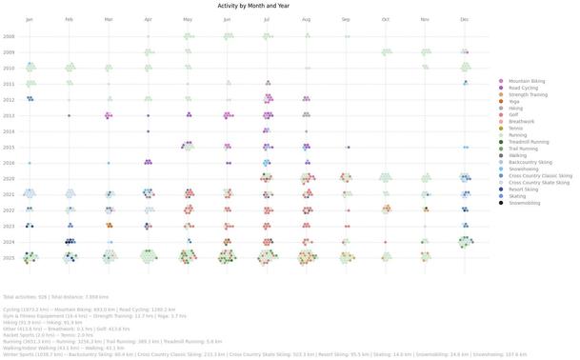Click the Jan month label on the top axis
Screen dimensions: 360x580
(x=30, y=19)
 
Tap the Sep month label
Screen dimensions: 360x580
(x=345, y=19)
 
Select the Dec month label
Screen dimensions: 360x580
(x=464, y=19)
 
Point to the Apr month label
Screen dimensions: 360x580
(x=148, y=19)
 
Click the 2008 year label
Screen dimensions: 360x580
(x=9, y=36)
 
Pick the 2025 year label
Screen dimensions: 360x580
(x=9, y=257)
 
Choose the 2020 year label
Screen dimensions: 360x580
(x=9, y=178)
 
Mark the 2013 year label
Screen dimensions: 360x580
(x=9, y=115)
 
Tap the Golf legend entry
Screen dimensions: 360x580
(x=515, y=115)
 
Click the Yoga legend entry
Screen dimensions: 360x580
(x=514, y=101)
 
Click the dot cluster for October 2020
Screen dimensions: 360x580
(x=385, y=177)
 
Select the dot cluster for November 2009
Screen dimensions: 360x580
(x=424, y=52)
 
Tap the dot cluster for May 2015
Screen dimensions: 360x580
(x=188, y=146)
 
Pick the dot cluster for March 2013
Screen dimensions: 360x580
(x=109, y=115)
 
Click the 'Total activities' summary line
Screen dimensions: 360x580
(x=55, y=297)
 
